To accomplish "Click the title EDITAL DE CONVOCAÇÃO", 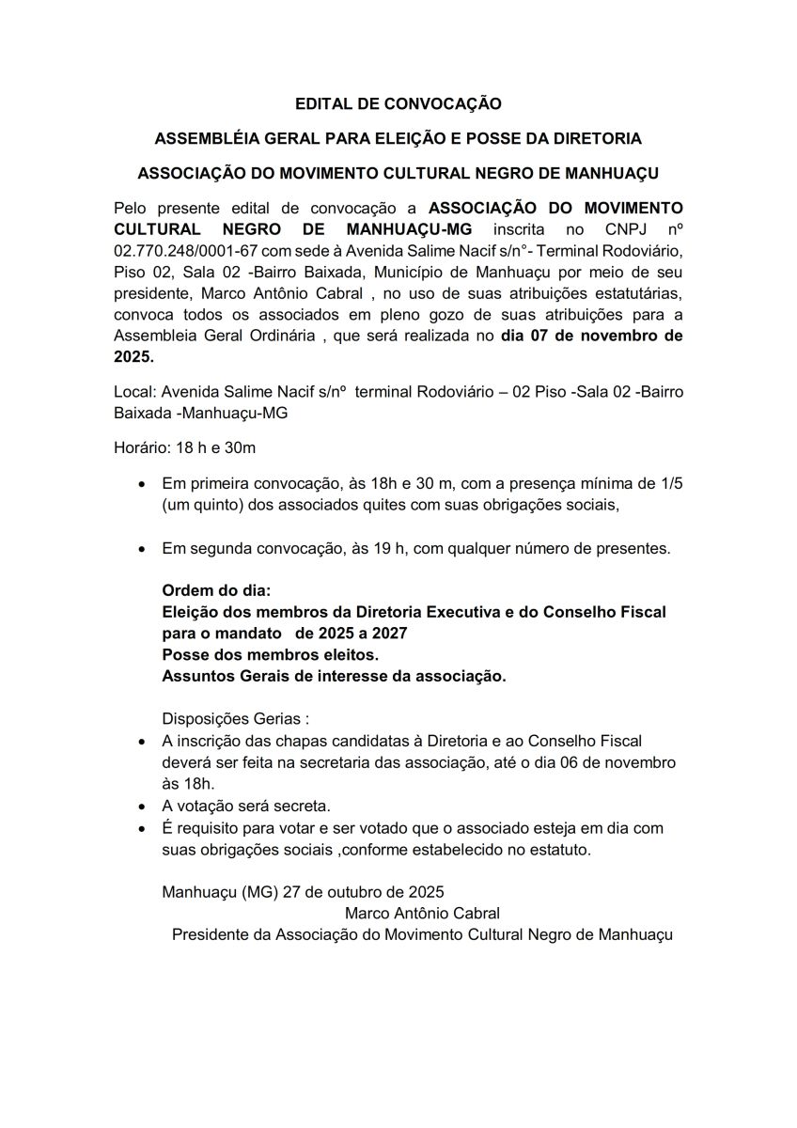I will (x=398, y=103).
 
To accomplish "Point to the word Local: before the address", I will (x=134, y=391).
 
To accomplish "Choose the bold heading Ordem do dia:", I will (x=216, y=591).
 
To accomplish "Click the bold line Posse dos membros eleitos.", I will (x=271, y=654).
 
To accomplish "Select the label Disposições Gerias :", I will (x=236, y=719).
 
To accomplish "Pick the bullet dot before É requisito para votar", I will (x=141, y=828).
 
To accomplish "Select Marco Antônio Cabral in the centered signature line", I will (x=422, y=913).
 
